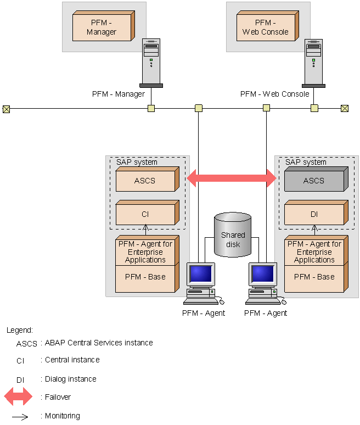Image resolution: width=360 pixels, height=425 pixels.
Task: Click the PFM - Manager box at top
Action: (x=104, y=26)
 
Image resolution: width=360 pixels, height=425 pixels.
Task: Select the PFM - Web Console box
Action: (x=268, y=26)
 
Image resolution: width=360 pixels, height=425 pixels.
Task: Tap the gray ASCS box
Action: (x=316, y=179)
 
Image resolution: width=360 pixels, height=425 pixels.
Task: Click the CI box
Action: (x=148, y=213)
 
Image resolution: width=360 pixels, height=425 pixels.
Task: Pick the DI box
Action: (x=316, y=213)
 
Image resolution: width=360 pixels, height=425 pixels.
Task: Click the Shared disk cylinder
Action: (x=233, y=234)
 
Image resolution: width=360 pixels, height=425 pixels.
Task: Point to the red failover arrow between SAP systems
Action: (x=232, y=178)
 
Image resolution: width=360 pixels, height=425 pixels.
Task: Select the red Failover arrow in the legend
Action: (x=18, y=396)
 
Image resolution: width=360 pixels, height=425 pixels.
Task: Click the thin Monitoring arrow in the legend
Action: (x=20, y=417)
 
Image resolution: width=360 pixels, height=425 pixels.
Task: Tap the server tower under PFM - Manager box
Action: (x=151, y=63)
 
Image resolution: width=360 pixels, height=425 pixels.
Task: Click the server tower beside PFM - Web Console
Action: (x=314, y=64)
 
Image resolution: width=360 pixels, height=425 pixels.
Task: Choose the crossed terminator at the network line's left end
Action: (x=6, y=109)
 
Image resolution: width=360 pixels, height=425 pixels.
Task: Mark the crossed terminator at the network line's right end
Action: (x=345, y=109)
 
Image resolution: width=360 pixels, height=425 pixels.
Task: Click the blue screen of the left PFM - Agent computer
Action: (x=201, y=274)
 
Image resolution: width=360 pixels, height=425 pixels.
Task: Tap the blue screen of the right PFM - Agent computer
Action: (x=263, y=274)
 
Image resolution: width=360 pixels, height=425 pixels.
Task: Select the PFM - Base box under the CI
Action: (x=147, y=278)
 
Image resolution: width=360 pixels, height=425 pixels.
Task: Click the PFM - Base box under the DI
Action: (x=316, y=278)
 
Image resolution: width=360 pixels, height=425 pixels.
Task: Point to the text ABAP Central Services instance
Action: (x=99, y=343)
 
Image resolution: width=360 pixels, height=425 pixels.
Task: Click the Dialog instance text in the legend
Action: (x=71, y=379)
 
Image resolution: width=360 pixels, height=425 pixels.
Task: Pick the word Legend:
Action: (x=20, y=330)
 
